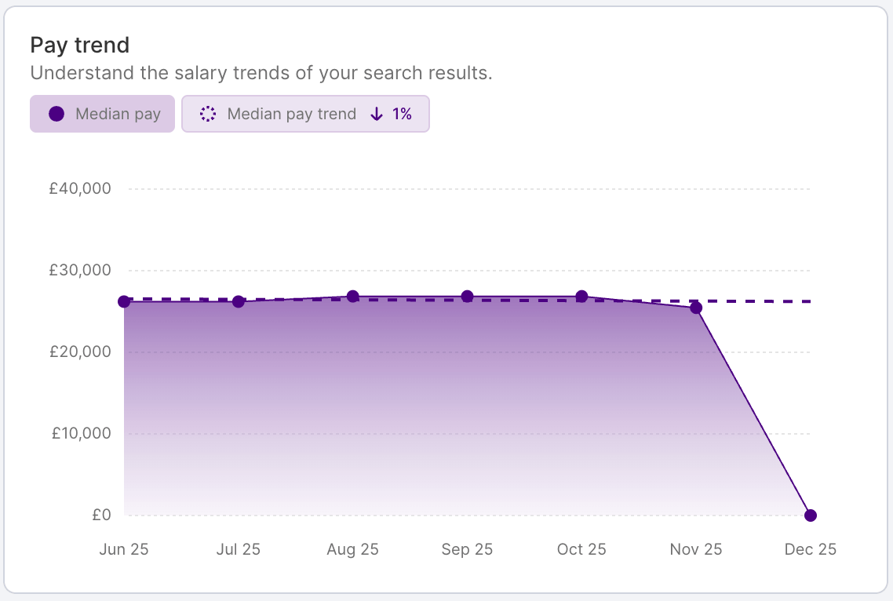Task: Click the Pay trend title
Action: pos(80,46)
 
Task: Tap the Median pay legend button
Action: pos(102,114)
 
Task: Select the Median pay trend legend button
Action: pos(305,114)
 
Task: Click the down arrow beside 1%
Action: pos(377,114)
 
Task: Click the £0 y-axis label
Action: pos(101,515)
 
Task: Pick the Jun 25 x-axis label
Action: pos(124,549)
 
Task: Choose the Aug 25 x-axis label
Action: pos(352,549)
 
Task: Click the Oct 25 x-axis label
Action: pos(581,549)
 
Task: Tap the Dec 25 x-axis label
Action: pos(811,549)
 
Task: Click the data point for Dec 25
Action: pos(811,515)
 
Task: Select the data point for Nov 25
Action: pos(696,308)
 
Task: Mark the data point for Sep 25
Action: pos(467,297)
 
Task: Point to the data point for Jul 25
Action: pos(239,301)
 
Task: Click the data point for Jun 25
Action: pos(124,301)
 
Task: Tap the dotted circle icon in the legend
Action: pos(207,114)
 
